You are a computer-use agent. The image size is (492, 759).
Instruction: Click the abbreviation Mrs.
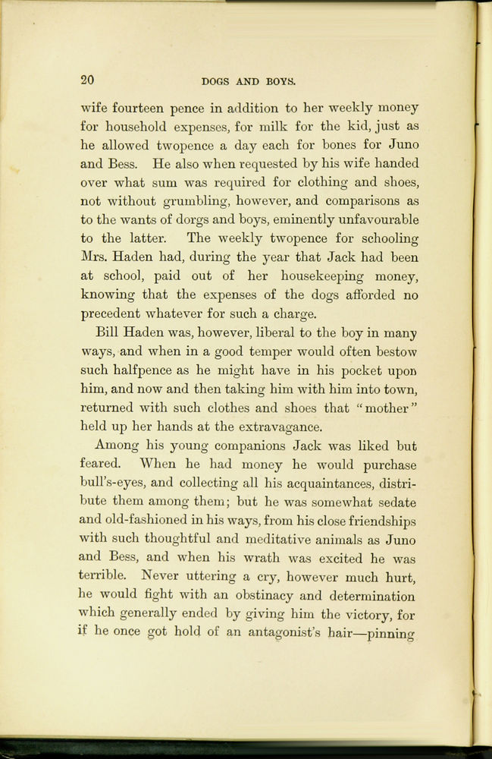[x=96, y=257]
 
